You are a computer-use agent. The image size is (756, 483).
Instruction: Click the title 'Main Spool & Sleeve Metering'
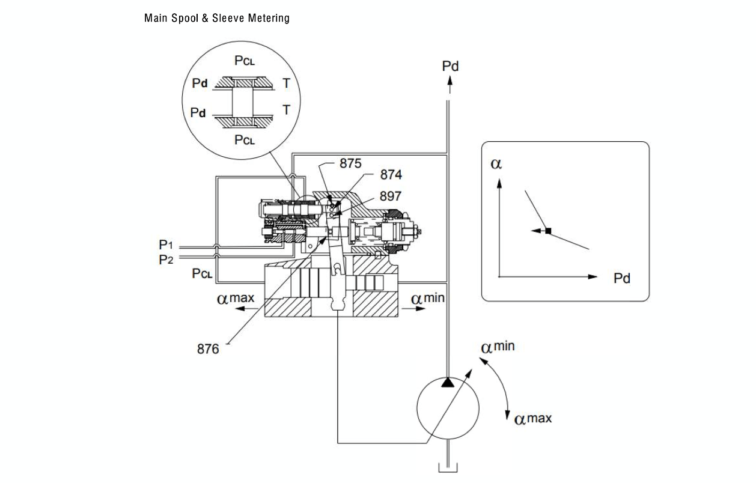pyautogui.click(x=216, y=18)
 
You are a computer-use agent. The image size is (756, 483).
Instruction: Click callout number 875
pyautogui.click(x=351, y=163)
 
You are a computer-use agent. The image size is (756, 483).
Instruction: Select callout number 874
pyautogui.click(x=391, y=175)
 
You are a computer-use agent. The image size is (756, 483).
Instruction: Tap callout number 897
pyautogui.click(x=391, y=196)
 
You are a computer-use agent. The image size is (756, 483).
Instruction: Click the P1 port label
pyautogui.click(x=166, y=245)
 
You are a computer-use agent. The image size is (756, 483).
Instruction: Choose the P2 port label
pyautogui.click(x=166, y=260)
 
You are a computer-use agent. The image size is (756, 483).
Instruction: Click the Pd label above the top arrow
pyautogui.click(x=450, y=66)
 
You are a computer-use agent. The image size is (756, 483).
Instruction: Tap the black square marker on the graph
pyautogui.click(x=548, y=230)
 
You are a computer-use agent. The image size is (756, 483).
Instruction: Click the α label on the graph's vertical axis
pyautogui.click(x=496, y=164)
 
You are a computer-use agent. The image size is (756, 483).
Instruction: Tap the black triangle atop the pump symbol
pyautogui.click(x=448, y=383)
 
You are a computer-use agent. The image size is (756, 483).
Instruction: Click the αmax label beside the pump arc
pyautogui.click(x=533, y=418)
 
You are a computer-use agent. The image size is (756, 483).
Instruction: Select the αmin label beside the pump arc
pyautogui.click(x=498, y=347)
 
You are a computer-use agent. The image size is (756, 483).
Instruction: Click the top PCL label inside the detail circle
pyautogui.click(x=244, y=61)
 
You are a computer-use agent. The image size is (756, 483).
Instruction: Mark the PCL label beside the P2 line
pyautogui.click(x=202, y=274)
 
